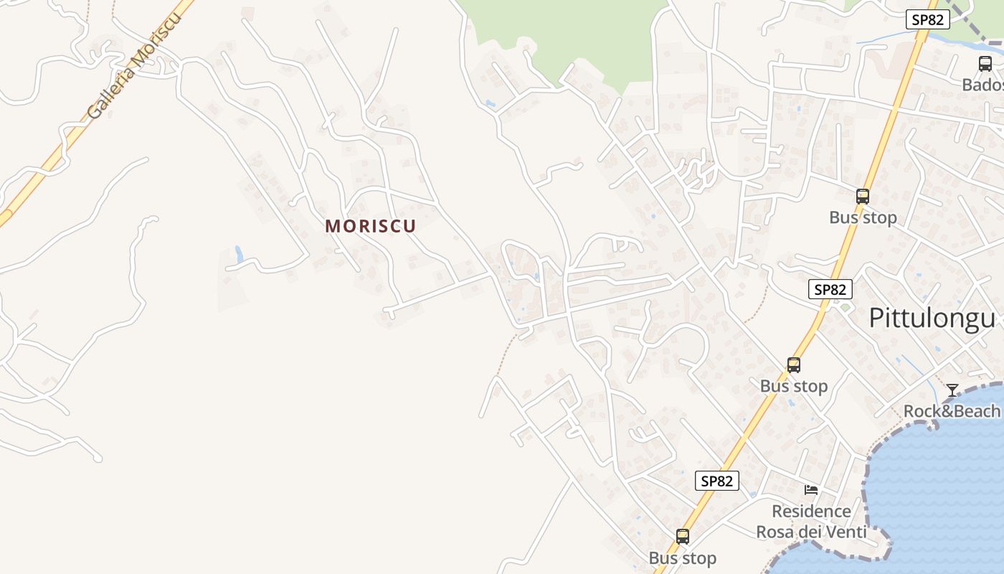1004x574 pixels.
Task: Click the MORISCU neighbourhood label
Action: click(370, 226)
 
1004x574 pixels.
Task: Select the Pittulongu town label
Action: click(932, 319)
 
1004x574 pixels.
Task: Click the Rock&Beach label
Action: click(951, 411)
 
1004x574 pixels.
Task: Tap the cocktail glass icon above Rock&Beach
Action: click(952, 390)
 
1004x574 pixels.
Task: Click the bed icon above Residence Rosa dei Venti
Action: click(811, 490)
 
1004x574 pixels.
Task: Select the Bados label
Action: click(982, 85)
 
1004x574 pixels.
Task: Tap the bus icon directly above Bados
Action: click(985, 64)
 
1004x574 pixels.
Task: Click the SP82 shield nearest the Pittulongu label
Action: click(830, 290)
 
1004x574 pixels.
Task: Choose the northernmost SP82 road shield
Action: click(927, 20)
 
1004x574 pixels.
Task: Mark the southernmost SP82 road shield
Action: click(716, 481)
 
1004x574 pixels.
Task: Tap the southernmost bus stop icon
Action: click(682, 536)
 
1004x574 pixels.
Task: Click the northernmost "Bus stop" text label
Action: click(863, 217)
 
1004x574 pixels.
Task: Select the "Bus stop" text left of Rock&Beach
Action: click(793, 386)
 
